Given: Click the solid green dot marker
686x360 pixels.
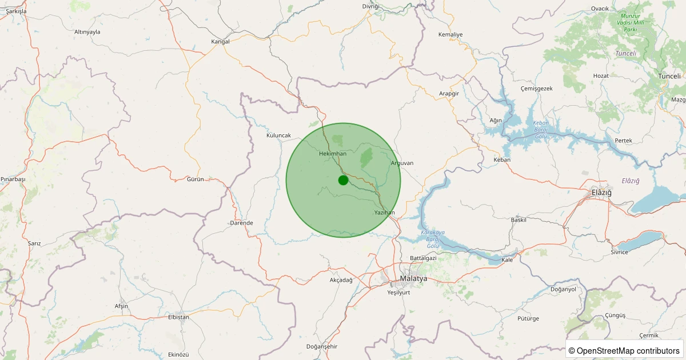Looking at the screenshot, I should tap(343, 180).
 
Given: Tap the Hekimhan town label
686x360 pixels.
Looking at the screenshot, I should tap(333, 154).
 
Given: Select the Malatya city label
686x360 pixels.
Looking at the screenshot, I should tap(413, 278).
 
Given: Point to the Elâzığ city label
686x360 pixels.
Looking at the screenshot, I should tap(601, 193).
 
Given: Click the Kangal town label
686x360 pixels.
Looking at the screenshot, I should tap(220, 42).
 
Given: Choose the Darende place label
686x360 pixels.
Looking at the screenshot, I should tap(241, 223).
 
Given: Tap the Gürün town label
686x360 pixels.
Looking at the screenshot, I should tap(196, 179).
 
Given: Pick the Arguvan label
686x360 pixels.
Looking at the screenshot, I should tap(401, 163).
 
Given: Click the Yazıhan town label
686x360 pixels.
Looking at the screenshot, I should tap(385, 213).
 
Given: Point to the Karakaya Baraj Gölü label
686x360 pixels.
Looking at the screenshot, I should tap(433, 239).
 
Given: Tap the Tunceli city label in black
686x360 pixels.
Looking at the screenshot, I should tap(669, 76).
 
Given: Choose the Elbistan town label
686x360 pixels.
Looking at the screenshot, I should tap(178, 317).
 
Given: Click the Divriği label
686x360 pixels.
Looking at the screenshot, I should tap(371, 6).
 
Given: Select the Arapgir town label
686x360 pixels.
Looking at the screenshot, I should tap(449, 93).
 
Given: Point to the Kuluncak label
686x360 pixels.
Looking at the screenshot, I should tap(279, 135).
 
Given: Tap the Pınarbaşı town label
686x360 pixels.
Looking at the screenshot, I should tap(13, 179).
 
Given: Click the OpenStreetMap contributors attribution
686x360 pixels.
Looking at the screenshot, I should tap(624, 350).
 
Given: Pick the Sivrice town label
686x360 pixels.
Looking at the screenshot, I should tap(619, 252).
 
